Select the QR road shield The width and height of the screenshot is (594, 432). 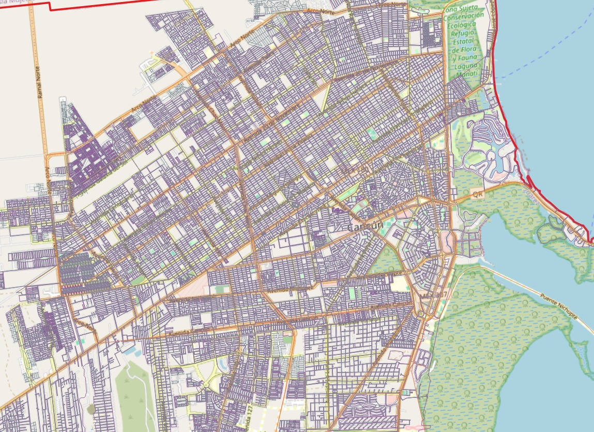tap(476, 195)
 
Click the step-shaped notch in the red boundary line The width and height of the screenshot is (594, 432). tap(50, 6)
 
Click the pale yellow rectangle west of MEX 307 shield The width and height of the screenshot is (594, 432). tap(400, 284)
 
